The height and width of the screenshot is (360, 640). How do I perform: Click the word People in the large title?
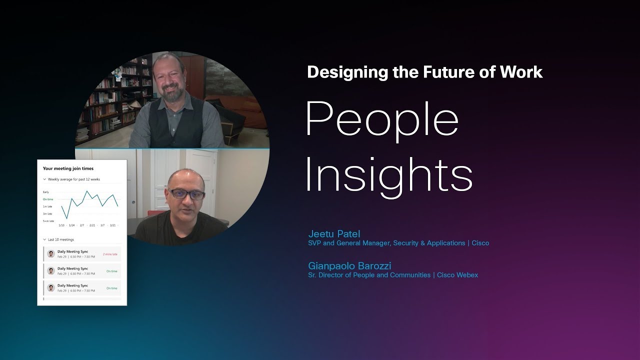point(382,121)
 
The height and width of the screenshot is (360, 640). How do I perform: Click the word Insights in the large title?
point(388,174)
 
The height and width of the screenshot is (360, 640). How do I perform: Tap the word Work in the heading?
point(521,72)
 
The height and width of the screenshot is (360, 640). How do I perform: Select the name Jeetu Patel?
point(334,234)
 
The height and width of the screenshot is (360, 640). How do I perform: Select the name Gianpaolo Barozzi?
point(349,265)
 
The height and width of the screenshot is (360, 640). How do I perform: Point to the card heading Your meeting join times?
point(68,169)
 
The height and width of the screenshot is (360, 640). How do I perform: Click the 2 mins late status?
point(110,254)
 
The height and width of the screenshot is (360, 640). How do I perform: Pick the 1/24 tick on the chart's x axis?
point(72,225)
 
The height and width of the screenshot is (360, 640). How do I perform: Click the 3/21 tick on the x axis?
point(113,225)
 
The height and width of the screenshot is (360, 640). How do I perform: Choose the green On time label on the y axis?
point(48,199)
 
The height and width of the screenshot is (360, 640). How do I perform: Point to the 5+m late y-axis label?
point(48,220)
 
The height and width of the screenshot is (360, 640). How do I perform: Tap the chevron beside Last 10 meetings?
point(44,240)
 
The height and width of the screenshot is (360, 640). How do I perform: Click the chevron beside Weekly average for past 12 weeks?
point(44,179)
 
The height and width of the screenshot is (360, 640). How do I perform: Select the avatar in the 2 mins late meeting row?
point(50,254)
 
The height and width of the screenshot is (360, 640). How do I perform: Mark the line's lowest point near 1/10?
point(67,218)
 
